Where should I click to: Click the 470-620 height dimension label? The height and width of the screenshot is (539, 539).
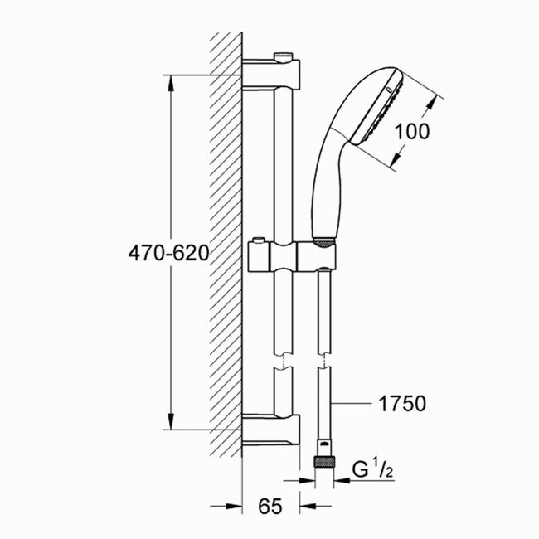click(x=168, y=254)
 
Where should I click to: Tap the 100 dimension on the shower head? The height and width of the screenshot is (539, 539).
click(x=412, y=131)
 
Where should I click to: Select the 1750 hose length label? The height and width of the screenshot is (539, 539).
click(x=402, y=404)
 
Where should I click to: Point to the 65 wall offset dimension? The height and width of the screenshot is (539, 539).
click(x=269, y=506)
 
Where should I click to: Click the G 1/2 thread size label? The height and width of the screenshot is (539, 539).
click(x=372, y=469)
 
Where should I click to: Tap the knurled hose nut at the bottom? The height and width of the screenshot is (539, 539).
click(x=324, y=461)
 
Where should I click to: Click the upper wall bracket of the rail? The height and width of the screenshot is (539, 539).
click(x=271, y=75)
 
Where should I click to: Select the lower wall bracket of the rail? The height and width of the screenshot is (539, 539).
click(x=271, y=430)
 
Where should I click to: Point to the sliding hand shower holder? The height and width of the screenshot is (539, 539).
click(x=292, y=256)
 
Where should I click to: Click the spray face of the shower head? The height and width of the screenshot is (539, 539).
click(x=377, y=109)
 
